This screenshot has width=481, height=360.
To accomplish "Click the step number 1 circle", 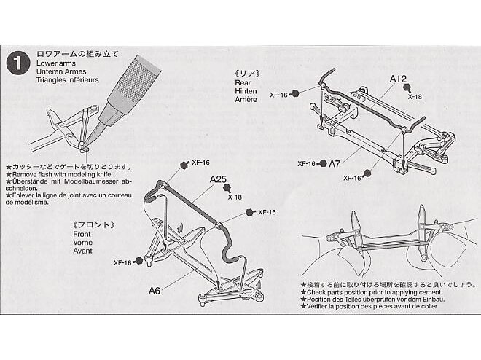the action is tap(17, 63).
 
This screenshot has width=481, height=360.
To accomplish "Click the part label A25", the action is tap(218, 179).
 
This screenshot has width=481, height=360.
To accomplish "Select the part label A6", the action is tap(155, 290).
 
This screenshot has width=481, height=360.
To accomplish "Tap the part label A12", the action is tap(398, 79).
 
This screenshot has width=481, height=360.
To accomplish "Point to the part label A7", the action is tap(335, 164).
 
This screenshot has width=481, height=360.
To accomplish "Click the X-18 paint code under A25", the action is tap(235, 197).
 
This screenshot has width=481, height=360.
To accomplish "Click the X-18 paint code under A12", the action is tap(415, 97).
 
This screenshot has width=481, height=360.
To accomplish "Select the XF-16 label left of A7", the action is tap(306, 164).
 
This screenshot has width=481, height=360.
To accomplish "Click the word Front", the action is tap(82, 234).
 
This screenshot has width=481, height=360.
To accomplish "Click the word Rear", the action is tap(243, 83).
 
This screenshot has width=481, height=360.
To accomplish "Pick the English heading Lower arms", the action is tap(56, 63).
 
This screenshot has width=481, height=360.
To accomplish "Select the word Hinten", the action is tap(246, 91).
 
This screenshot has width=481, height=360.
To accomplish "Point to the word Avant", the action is tap(82, 251).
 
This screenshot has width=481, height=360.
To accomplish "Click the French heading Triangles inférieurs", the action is tap(68, 80).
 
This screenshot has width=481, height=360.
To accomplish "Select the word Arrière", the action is tap(246, 100).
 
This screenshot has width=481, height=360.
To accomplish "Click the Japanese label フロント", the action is tap(95, 225).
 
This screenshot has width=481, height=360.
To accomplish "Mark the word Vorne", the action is tap(82, 243).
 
